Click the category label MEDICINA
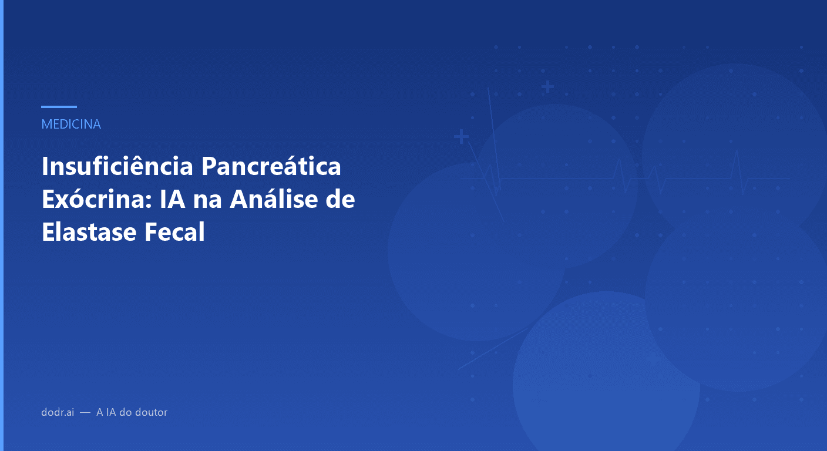point(71,124)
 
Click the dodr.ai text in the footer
point(58,412)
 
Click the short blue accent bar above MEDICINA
point(59,107)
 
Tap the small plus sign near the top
point(547,87)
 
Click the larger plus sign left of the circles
point(461,137)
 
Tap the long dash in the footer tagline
point(85,412)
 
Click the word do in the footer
point(125,412)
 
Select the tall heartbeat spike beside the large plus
point(492,141)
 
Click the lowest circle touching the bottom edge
point(606,382)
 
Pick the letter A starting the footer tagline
point(100,412)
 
